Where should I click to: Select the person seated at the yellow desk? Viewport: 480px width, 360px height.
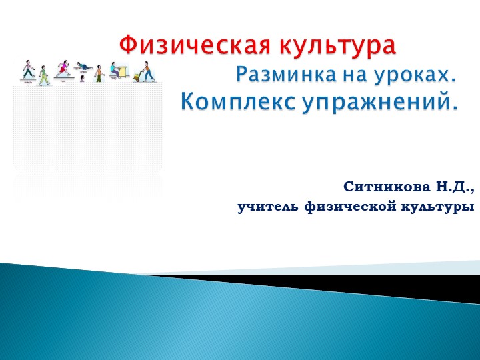click(115, 69)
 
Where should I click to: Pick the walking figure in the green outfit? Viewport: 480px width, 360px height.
click(44, 75)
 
